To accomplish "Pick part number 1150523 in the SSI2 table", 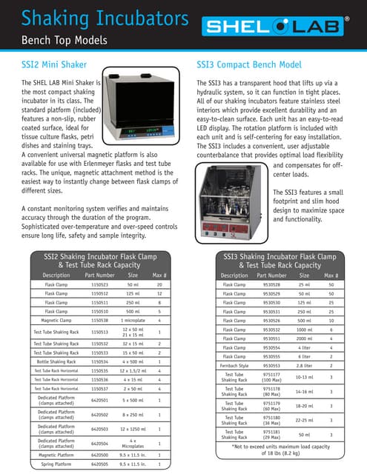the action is point(99,284).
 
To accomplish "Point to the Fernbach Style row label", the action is point(234,364).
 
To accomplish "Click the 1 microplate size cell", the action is point(133,320).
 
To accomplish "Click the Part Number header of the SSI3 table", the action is point(271,275).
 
